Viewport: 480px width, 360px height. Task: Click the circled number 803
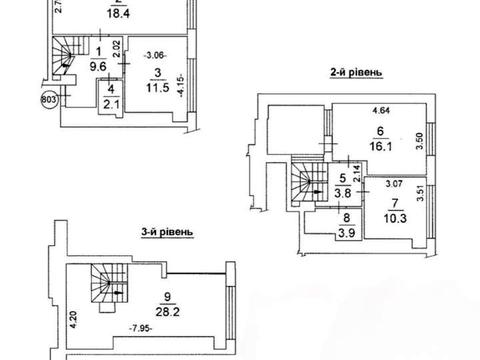pyautogui.click(x=49, y=99)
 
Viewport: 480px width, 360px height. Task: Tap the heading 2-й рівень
pyautogui.click(x=356, y=72)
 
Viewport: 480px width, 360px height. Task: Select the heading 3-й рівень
pyautogui.click(x=167, y=232)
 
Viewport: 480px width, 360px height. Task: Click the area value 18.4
pyautogui.click(x=118, y=14)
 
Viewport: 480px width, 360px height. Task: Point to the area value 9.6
pyautogui.click(x=98, y=67)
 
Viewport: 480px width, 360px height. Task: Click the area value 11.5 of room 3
pyautogui.click(x=158, y=88)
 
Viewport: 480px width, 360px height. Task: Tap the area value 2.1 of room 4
pyautogui.click(x=111, y=105)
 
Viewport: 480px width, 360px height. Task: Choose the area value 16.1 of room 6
pyautogui.click(x=380, y=146)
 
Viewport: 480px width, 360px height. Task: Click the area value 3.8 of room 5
pyautogui.click(x=343, y=193)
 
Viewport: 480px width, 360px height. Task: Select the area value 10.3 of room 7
pyautogui.click(x=395, y=219)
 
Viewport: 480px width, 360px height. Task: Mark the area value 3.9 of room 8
pyautogui.click(x=346, y=233)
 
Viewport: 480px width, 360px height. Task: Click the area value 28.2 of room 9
pyautogui.click(x=167, y=312)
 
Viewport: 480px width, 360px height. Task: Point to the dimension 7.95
pyautogui.click(x=141, y=328)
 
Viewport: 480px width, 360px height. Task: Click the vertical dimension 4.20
pyautogui.click(x=74, y=321)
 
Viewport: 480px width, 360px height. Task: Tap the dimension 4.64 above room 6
pyautogui.click(x=380, y=110)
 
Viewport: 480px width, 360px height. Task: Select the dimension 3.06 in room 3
pyautogui.click(x=155, y=55)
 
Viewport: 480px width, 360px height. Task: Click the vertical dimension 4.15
pyautogui.click(x=181, y=85)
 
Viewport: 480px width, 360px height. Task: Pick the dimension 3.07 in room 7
pyautogui.click(x=394, y=183)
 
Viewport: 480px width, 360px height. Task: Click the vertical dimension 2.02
pyautogui.click(x=116, y=49)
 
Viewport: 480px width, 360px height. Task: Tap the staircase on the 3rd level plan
pyautogui.click(x=109, y=286)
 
